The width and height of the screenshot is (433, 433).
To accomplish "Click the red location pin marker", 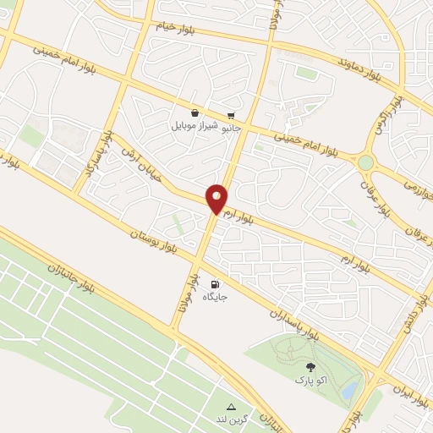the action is tap(217, 198).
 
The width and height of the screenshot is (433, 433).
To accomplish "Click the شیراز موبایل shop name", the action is tap(195, 126).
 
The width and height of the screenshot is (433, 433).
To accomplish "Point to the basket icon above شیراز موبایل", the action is tap(195, 112).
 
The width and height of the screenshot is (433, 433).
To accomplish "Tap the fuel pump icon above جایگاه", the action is tap(215, 284).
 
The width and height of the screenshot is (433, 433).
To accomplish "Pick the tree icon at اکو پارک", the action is tap(310, 367).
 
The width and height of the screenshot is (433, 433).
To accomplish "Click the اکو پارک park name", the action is tap(310, 381).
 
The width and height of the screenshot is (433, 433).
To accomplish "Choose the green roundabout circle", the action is tap(365, 162).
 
